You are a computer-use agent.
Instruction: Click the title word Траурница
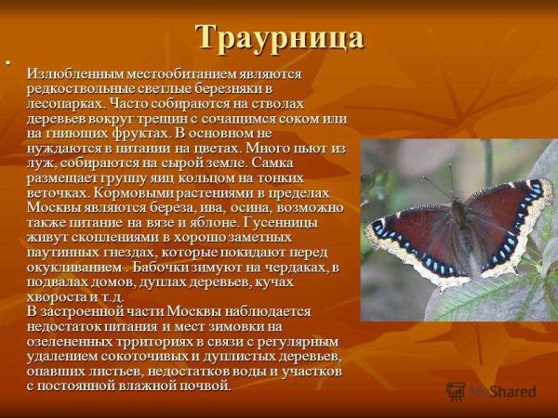(x=279, y=38)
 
